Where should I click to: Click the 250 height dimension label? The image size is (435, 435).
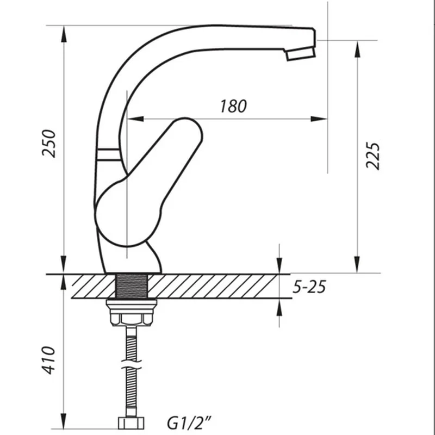click(x=49, y=144)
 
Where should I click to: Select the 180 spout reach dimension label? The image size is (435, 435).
click(x=233, y=106)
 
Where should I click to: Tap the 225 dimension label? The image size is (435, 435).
click(x=372, y=156)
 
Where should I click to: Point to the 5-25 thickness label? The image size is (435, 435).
click(x=309, y=287)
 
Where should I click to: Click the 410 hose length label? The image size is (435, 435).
click(x=48, y=360)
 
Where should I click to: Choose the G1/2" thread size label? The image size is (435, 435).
click(x=189, y=423)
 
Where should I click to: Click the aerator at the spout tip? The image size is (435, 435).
click(x=301, y=54)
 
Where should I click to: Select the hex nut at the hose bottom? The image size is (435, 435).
click(x=131, y=423)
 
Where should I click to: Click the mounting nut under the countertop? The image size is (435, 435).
click(x=132, y=312)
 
